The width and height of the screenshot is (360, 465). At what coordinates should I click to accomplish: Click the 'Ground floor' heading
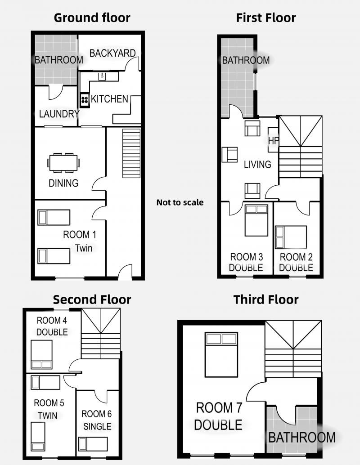point(92,18)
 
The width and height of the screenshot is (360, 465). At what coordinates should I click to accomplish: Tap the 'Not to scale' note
point(180,202)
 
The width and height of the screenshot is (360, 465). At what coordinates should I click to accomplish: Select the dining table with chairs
point(63,163)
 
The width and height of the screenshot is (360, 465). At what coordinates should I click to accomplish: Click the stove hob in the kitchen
point(84,100)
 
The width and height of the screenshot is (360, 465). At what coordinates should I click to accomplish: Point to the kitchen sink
point(102,76)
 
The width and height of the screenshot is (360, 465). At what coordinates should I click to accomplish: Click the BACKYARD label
point(112,53)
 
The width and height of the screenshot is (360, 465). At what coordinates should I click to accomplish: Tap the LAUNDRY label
point(59,114)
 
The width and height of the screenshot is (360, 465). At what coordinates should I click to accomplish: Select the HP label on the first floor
point(273,140)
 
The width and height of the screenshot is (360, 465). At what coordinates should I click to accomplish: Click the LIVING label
point(257,165)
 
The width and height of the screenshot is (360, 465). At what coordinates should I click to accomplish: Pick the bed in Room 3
point(256,220)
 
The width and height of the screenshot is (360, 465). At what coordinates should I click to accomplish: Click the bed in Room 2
point(291,237)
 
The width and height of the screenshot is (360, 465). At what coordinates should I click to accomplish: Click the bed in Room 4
point(41,354)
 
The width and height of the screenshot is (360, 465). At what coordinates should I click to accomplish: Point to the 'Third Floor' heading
point(266,299)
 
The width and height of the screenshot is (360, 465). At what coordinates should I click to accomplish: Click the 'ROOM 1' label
point(79,234)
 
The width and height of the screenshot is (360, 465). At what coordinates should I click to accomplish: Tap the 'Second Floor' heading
point(92,300)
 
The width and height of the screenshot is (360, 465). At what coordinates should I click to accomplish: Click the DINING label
point(63,183)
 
